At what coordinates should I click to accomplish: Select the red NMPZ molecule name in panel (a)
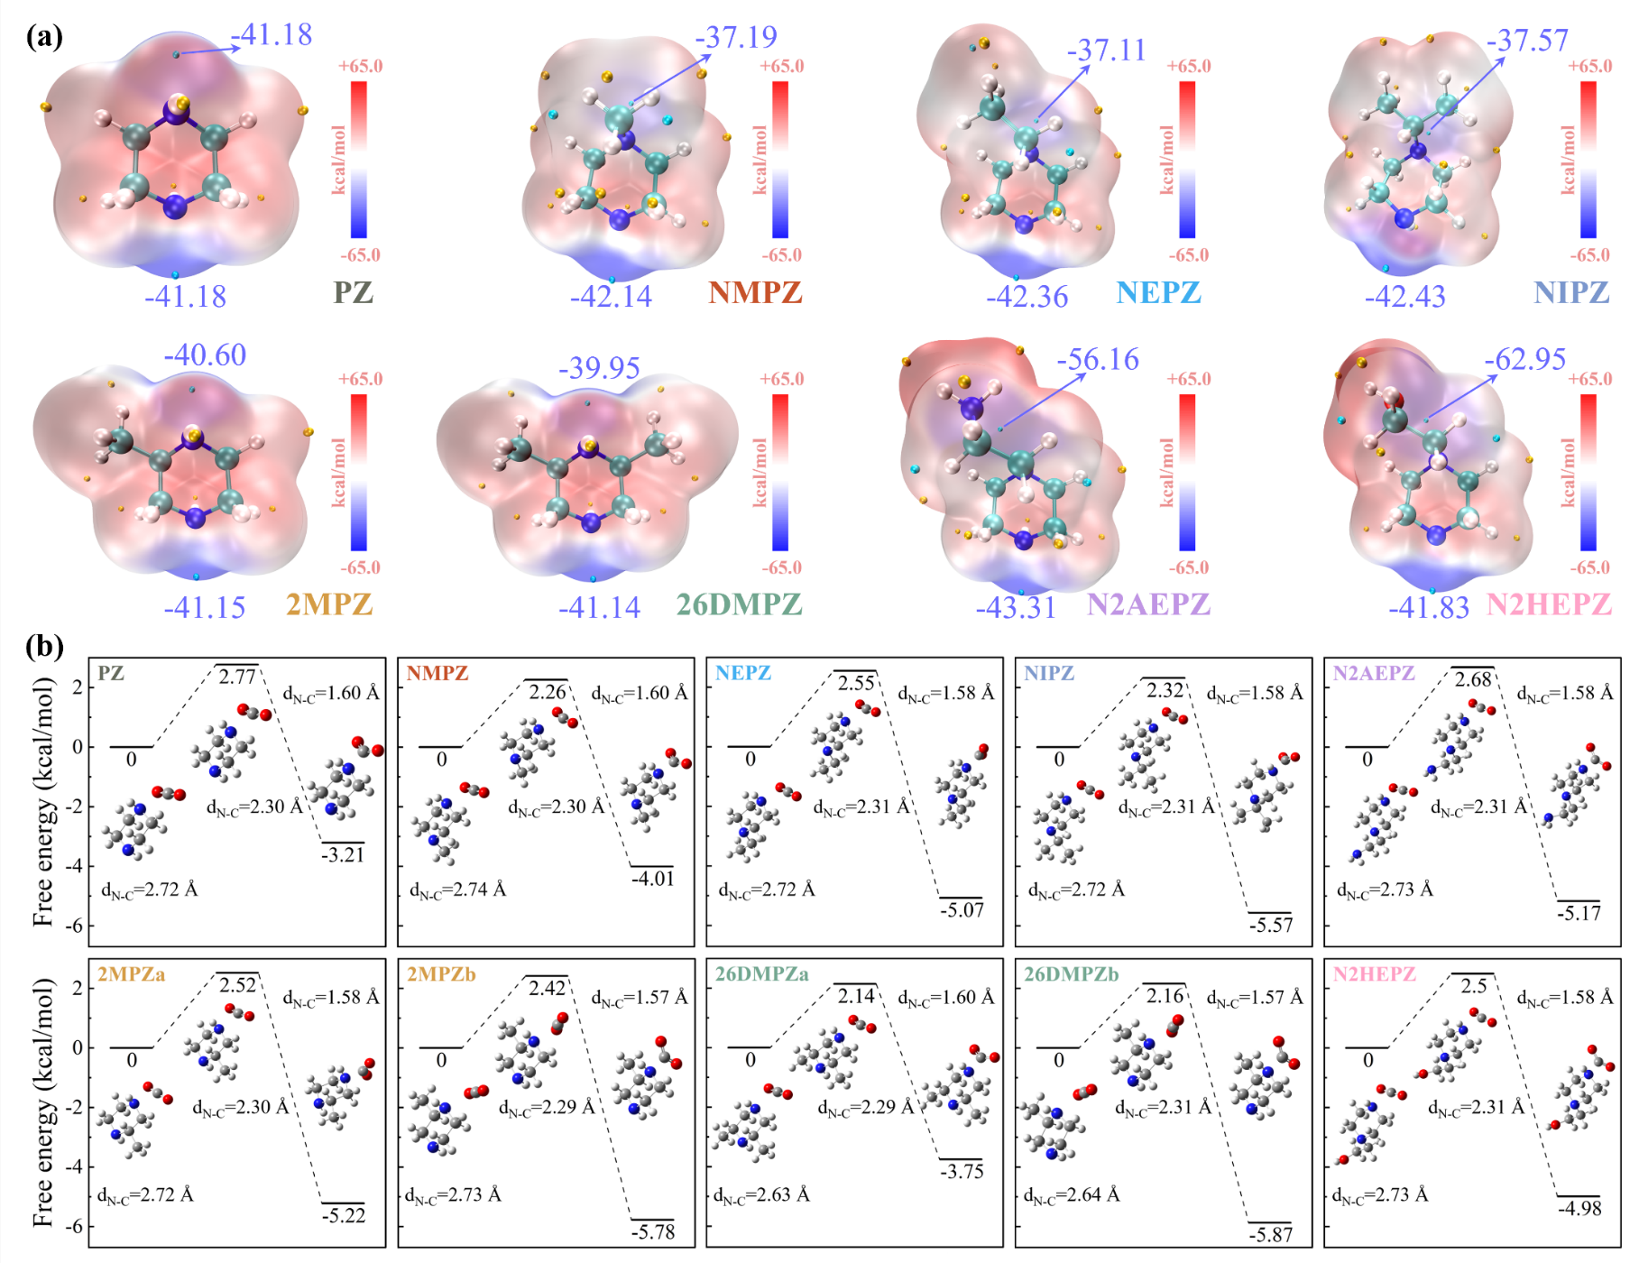755,292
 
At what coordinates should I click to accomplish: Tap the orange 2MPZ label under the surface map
329,604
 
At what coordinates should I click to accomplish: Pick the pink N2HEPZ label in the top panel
1549,604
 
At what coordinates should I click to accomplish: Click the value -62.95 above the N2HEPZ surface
1524,358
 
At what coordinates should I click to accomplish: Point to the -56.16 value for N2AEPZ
1098,359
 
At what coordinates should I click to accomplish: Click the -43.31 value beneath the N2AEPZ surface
1016,607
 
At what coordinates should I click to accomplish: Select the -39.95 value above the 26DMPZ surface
599,367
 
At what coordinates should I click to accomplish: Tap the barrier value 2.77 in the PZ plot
238,676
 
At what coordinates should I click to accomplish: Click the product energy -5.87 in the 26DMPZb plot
1270,1234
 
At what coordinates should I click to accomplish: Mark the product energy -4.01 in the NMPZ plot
652,878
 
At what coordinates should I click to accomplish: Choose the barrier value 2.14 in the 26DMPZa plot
856,996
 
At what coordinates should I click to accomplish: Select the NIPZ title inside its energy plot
1049,673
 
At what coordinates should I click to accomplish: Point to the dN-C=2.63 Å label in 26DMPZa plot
762,1195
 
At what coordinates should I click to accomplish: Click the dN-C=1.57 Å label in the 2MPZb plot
640,998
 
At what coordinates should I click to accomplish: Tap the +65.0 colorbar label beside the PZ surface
360,66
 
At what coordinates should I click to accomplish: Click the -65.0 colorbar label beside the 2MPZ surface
360,567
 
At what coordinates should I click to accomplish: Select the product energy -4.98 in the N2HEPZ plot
1579,1208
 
